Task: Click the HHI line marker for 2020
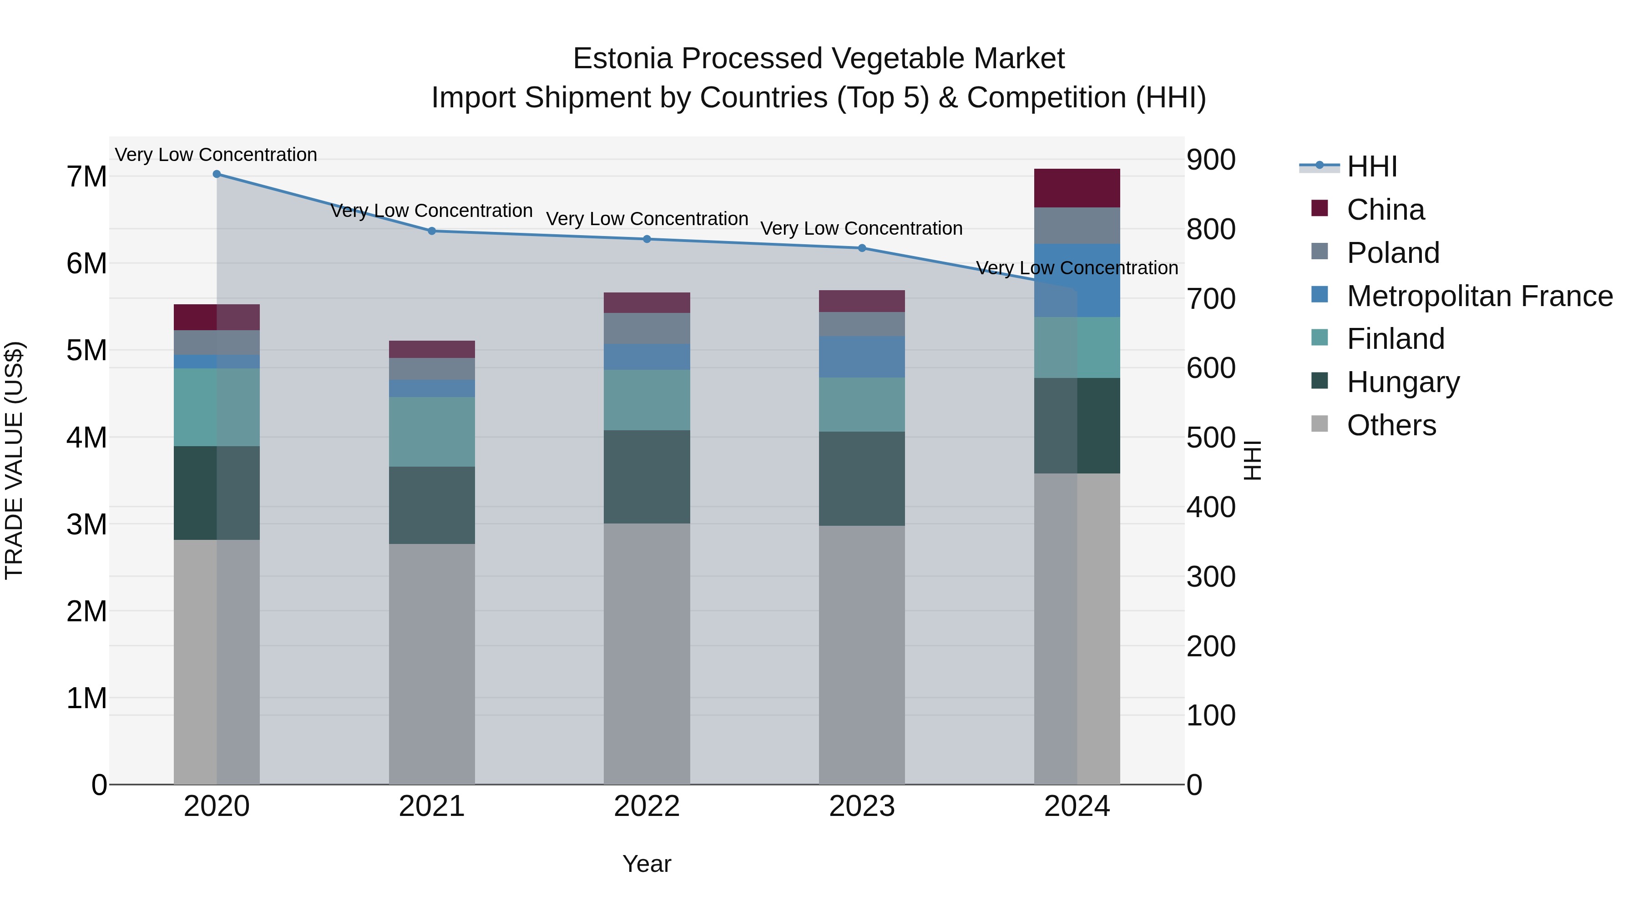217,174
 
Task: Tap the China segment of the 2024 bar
1077,188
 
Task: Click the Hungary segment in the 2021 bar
432,505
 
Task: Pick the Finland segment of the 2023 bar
862,405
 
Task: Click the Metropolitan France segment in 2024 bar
1077,280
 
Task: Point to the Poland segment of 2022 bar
647,329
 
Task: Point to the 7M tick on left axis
86,177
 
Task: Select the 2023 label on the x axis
862,806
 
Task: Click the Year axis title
647,864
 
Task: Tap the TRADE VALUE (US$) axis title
14,460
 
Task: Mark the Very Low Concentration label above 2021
432,211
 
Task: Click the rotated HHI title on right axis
1251,460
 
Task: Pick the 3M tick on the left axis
86,524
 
